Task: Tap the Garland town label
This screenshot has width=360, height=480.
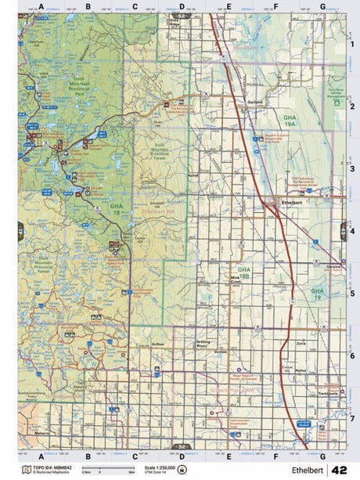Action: pyautogui.click(x=252, y=102)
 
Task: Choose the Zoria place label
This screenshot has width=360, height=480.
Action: pyautogui.click(x=301, y=344)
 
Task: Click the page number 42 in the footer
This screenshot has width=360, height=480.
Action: pyautogui.click(x=340, y=471)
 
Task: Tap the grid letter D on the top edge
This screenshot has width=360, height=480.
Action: pyautogui.click(x=182, y=6)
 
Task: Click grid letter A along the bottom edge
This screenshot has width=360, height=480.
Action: pyautogui.click(x=41, y=455)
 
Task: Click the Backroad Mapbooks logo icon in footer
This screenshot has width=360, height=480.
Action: pyautogui.click(x=27, y=470)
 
